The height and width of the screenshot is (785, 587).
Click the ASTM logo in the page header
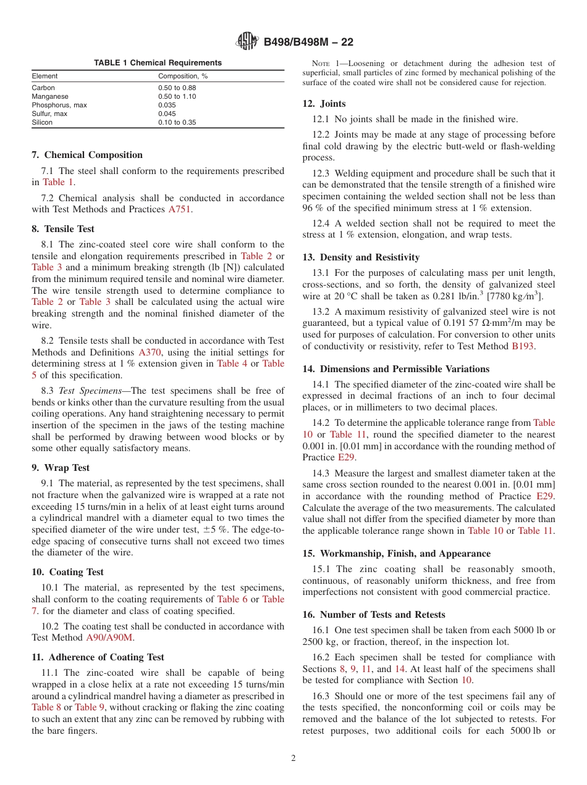tap(248, 42)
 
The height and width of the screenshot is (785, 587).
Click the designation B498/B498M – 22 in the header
tap(308, 43)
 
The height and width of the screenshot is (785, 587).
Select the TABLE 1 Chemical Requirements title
tap(158, 63)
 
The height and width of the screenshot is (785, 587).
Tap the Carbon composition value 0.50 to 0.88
tap(177, 88)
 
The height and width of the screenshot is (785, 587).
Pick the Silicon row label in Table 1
tap(42, 123)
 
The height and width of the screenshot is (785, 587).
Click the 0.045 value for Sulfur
tap(167, 114)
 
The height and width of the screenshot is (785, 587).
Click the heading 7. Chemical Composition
tap(87, 155)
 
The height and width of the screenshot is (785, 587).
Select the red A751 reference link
tap(180, 210)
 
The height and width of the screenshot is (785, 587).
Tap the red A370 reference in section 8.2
tap(149, 352)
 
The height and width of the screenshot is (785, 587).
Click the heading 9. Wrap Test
tap(61, 468)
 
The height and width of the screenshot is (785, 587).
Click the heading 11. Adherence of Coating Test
tap(98, 657)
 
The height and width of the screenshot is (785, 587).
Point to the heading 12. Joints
tap(324, 104)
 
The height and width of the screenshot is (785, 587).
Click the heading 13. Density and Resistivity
tap(361, 257)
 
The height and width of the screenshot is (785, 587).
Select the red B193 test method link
tap(523, 346)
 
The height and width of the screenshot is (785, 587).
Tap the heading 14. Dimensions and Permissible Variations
tap(395, 369)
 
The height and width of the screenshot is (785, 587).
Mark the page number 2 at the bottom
tap(293, 758)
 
